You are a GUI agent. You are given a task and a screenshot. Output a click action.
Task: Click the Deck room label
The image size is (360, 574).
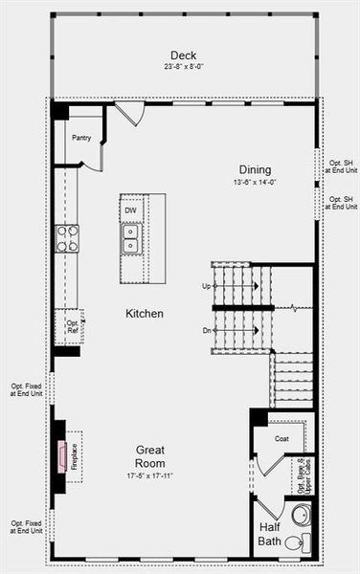[x=183, y=55]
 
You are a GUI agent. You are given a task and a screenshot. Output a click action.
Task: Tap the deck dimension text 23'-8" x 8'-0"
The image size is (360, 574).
[x=183, y=67]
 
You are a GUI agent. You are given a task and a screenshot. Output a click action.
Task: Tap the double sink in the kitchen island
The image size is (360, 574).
[x=129, y=237]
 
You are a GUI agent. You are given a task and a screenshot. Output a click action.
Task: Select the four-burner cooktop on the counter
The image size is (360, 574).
[x=66, y=238]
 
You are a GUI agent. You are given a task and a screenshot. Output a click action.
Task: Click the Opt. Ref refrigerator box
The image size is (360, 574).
[x=70, y=327]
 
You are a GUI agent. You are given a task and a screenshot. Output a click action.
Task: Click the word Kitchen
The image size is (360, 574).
[x=144, y=314]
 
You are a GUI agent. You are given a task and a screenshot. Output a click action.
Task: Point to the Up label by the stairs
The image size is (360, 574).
[x=206, y=286]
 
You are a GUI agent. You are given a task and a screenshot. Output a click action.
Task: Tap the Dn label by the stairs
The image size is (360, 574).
[x=206, y=330]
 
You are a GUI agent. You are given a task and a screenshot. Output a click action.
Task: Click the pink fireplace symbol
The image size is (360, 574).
[x=63, y=456]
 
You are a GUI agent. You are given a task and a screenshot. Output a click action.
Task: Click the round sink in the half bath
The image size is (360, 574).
[x=301, y=515]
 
